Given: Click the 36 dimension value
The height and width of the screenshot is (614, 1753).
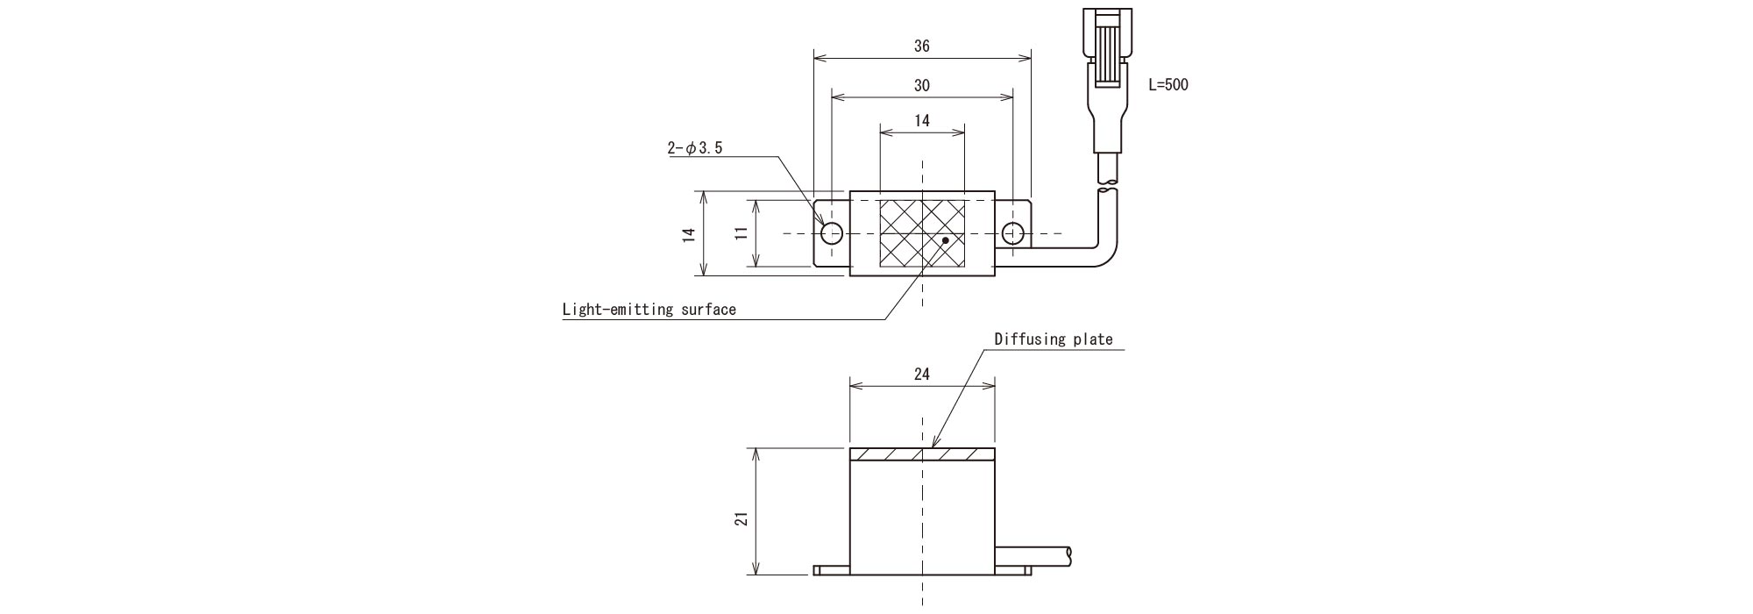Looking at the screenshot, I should click(921, 46).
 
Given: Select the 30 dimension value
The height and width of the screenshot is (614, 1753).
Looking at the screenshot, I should click(921, 86).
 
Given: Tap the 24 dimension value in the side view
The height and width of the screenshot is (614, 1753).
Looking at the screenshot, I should click(921, 375).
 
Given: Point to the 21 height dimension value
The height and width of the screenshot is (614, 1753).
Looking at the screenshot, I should click(742, 519).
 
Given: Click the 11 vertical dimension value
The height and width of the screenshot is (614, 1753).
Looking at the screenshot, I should click(742, 232).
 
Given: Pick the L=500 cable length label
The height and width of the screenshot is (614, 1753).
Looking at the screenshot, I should click(1168, 85).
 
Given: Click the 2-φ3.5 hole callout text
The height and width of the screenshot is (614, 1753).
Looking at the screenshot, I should click(695, 148).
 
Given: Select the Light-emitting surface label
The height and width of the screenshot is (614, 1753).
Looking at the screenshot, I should click(649, 309).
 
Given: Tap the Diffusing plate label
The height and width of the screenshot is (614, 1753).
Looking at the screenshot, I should click(1053, 339).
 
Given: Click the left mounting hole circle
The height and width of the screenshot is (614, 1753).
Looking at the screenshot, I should click(832, 233).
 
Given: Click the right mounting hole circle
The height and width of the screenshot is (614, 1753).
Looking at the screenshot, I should click(1012, 233).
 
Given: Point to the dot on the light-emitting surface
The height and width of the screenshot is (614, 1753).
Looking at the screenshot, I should click(945, 239).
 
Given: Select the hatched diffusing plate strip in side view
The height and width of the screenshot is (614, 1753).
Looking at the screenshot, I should click(922, 455).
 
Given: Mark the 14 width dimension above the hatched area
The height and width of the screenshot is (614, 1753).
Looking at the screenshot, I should click(921, 121).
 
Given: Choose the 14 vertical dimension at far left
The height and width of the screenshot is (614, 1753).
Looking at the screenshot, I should click(689, 233).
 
